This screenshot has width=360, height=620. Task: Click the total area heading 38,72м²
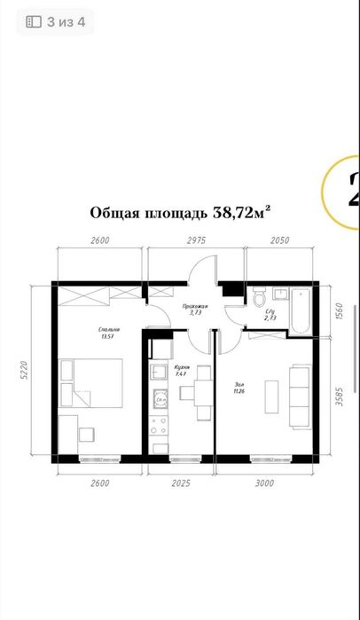(180, 213)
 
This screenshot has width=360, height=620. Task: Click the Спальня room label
(110, 333)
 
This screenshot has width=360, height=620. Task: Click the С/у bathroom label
(270, 314)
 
